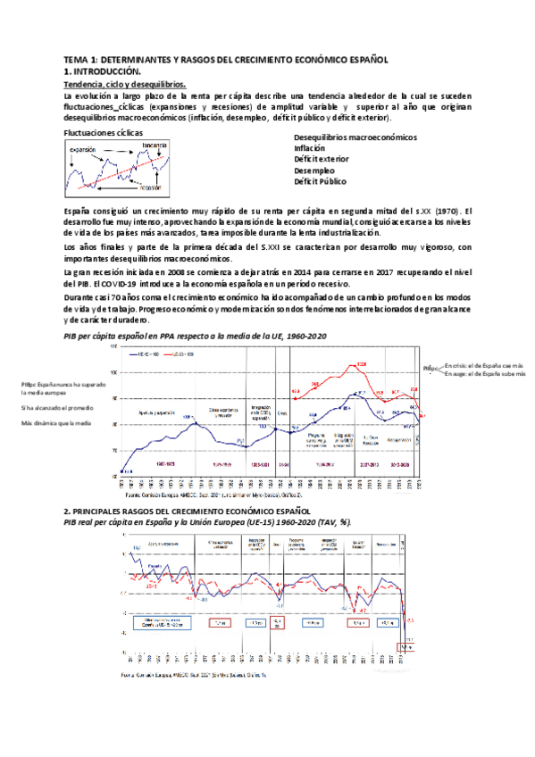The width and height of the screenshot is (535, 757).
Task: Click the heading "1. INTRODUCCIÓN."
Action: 103,70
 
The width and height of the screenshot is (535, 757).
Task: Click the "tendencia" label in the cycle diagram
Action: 154,146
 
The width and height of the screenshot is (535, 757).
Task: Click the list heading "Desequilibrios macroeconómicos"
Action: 355,137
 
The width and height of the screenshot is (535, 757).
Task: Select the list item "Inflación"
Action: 310,148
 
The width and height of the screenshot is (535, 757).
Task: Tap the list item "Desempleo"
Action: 314,170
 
